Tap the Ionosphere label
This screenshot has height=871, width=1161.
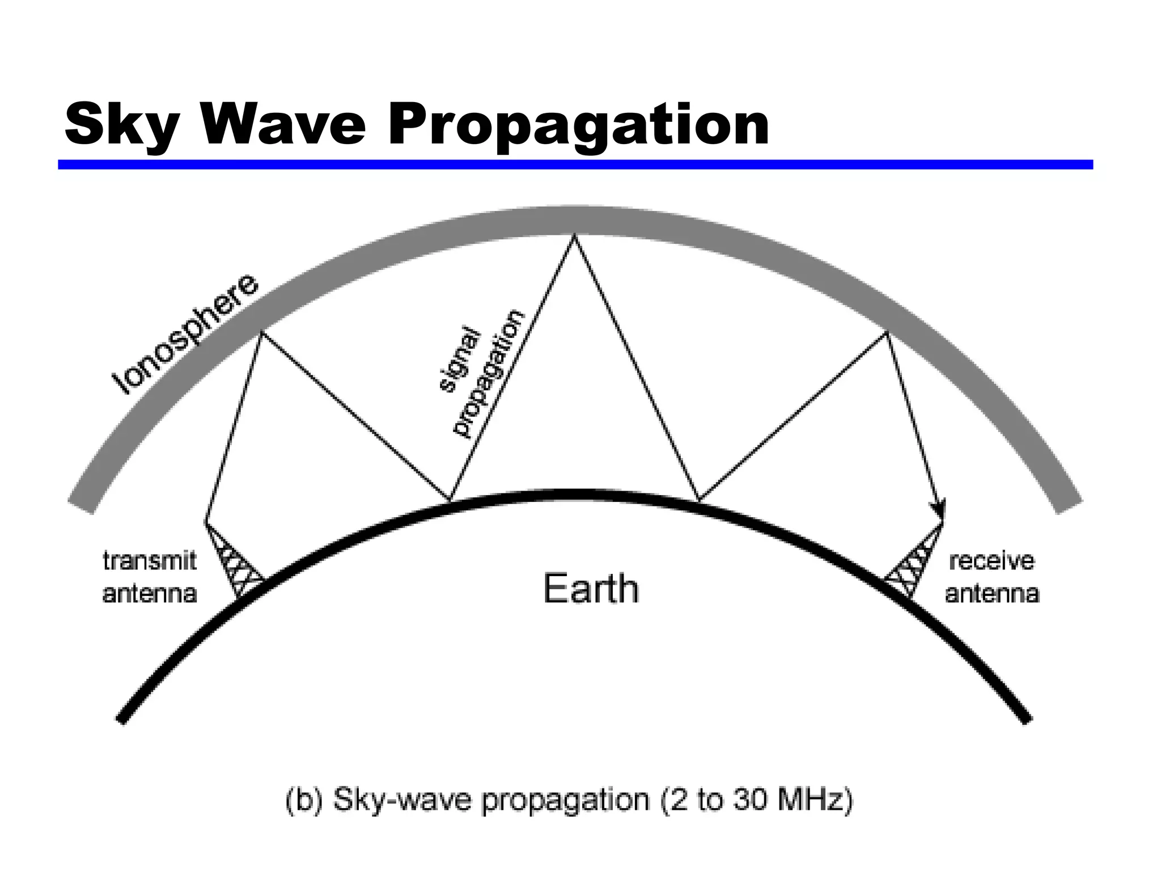[x=184, y=335]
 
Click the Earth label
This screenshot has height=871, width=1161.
[x=591, y=589]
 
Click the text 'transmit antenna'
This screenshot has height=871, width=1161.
[x=150, y=577]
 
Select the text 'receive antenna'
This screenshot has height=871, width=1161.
[x=991, y=577]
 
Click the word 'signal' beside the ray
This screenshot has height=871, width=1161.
[x=460, y=358]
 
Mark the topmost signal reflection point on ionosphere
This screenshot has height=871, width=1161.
[x=574, y=236]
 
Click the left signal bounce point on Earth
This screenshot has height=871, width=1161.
[x=450, y=501]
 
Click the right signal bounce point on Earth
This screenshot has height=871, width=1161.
[x=698, y=501]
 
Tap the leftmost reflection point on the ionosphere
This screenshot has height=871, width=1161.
[x=261, y=332]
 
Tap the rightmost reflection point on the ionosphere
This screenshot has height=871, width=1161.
[x=887, y=333]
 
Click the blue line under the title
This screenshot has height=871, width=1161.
[x=575, y=164]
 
